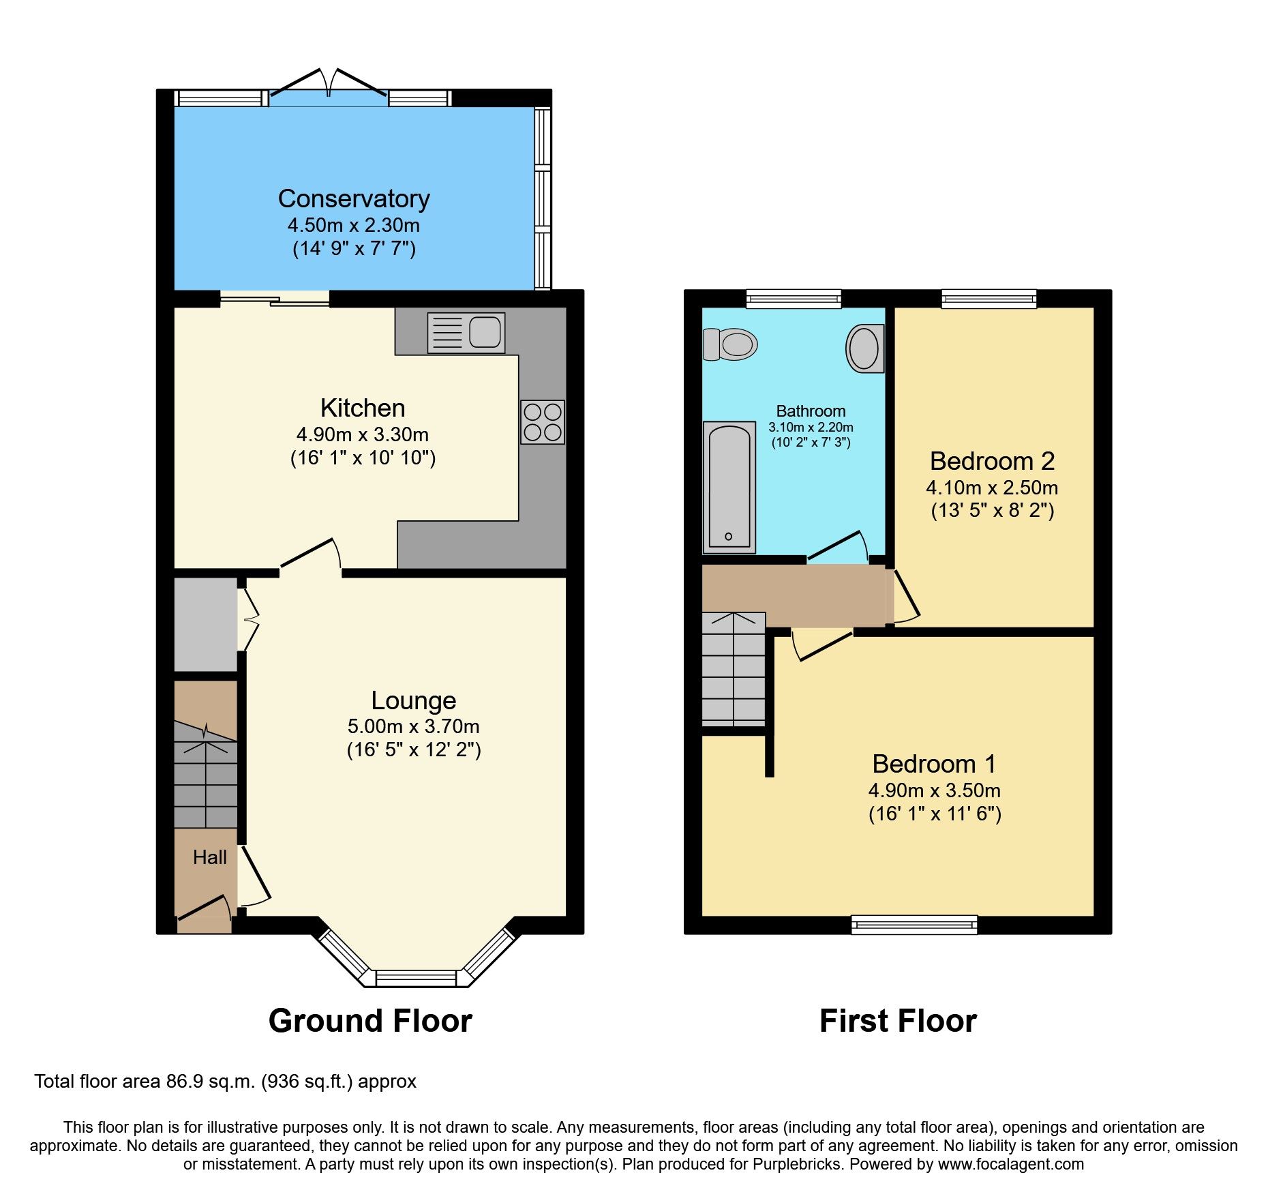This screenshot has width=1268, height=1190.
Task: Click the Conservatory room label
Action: coord(354,198)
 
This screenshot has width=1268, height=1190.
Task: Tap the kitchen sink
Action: coord(466,333)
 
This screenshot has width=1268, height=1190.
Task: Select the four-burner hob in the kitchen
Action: coord(543,422)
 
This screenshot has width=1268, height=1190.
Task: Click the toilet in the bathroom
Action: coord(731,344)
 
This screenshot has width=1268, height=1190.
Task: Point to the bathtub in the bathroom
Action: coord(729,487)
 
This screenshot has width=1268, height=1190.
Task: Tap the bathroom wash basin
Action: coord(865,348)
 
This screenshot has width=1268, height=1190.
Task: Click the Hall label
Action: coord(209,857)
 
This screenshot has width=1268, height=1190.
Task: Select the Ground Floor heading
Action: coord(370,1021)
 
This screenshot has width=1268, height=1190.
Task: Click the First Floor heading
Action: coord(898,1021)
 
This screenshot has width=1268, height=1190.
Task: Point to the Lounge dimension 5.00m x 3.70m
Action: coord(414,726)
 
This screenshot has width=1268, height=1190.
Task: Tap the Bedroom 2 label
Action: coord(992,462)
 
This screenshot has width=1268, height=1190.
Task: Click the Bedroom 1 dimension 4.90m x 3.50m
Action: coord(934,790)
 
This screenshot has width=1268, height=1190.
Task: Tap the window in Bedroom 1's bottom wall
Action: coord(914,925)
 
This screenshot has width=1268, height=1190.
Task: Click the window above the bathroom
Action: coord(794,298)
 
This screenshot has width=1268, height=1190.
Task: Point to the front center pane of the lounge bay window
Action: coord(416,979)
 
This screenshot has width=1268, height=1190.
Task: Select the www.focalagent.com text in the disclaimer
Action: coord(1011,1164)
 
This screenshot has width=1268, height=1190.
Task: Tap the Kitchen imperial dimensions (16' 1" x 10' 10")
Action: coord(363,458)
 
